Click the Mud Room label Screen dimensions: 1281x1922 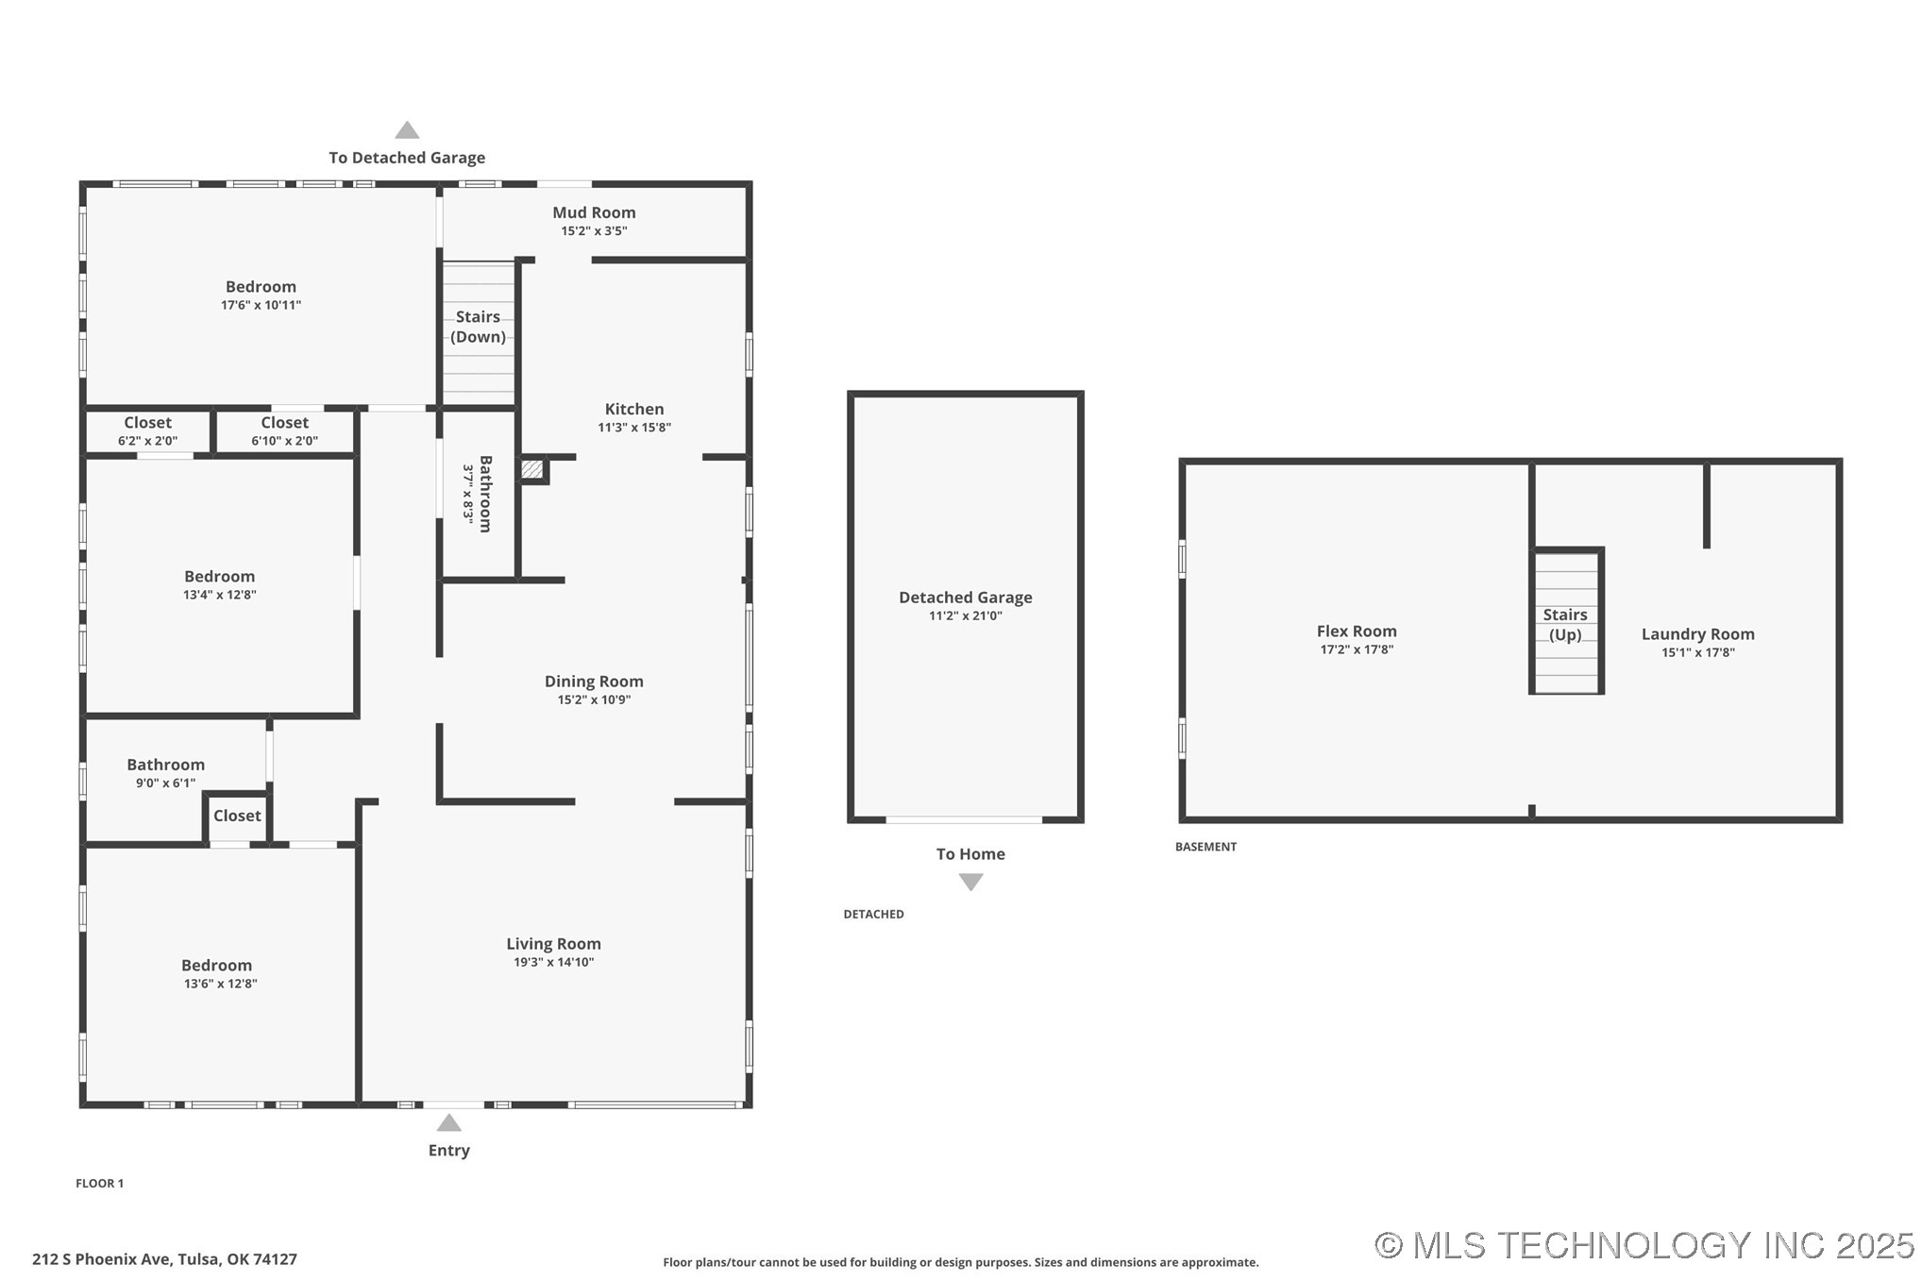point(594,212)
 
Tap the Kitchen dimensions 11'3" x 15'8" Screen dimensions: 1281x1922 point(633,428)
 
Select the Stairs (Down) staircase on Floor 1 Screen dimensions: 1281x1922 point(479,332)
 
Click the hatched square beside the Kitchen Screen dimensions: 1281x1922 point(532,469)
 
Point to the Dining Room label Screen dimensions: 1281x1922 point(594,682)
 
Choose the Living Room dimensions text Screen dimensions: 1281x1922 point(553,962)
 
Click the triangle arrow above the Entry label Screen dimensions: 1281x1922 point(448,1123)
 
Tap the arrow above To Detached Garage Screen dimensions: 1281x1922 point(407,130)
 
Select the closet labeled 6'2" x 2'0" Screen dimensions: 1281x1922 point(147,431)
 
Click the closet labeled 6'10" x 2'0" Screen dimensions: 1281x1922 point(284,431)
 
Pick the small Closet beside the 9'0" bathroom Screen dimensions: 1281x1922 point(236,817)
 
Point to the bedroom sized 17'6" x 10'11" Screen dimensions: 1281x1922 point(261,295)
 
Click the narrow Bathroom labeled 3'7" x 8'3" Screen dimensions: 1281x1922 point(479,494)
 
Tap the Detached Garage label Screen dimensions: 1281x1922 point(965,598)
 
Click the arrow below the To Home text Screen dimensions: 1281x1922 point(970,882)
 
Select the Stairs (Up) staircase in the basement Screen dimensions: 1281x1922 point(1565,624)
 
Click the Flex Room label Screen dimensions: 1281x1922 point(1356,632)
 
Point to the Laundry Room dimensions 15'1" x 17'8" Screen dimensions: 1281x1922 point(1697,652)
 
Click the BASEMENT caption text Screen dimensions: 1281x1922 point(1205,847)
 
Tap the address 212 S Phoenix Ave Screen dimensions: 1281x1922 point(164,1259)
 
